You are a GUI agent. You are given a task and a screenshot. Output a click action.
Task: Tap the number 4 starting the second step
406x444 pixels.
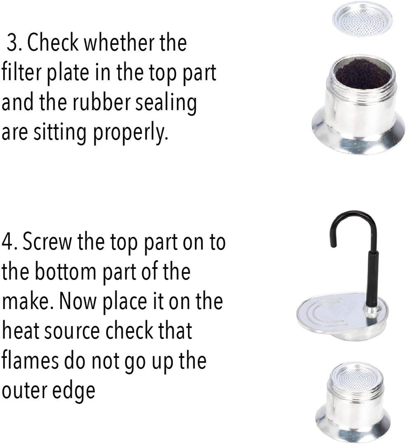(x=8, y=242)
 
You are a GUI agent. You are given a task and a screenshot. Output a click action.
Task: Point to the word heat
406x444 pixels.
(x=21, y=331)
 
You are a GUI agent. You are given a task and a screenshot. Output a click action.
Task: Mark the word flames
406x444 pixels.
(x=31, y=360)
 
